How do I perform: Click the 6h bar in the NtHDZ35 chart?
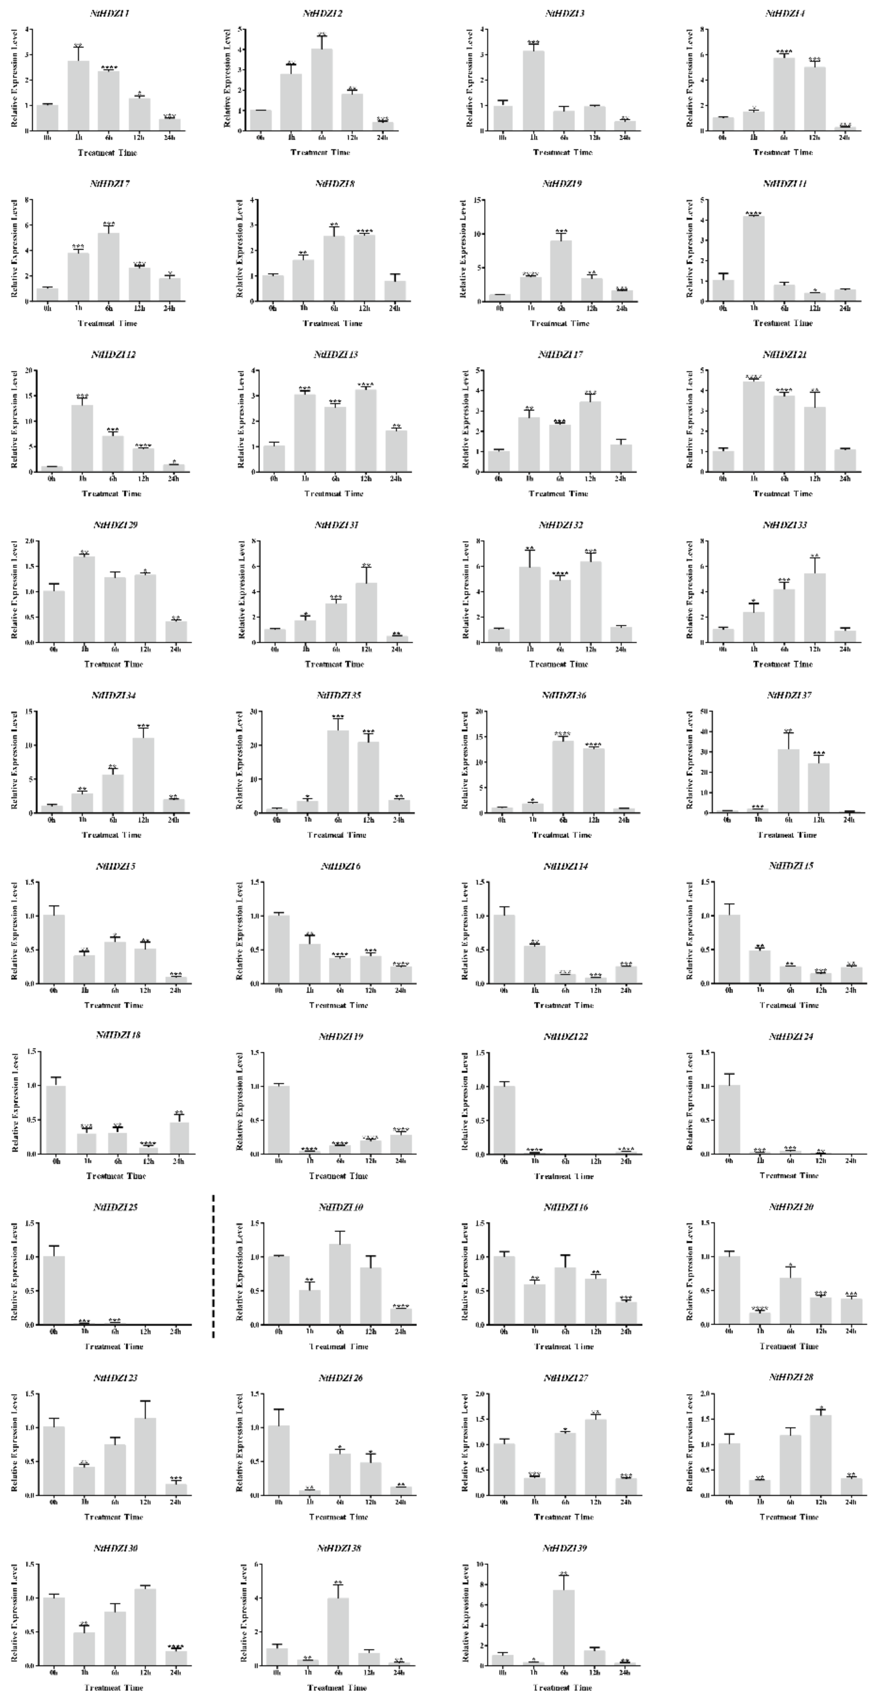click(x=338, y=772)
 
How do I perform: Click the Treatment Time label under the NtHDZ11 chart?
click(x=783, y=323)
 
